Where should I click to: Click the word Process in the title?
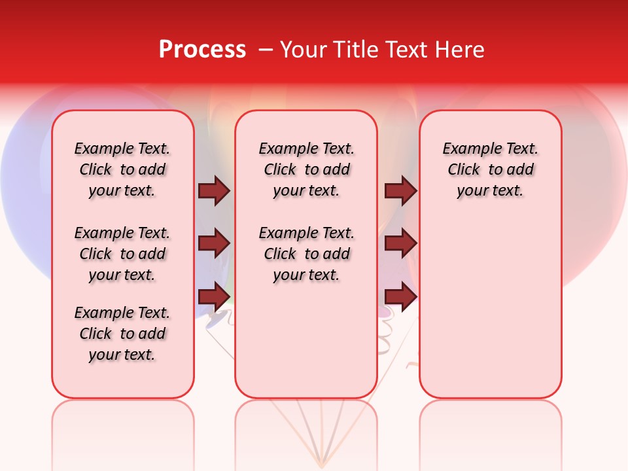coord(202,50)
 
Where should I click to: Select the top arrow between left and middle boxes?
coord(214,191)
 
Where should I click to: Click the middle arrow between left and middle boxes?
coord(214,243)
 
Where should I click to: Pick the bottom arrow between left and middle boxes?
coord(214,296)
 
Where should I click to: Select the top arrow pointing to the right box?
coord(400,191)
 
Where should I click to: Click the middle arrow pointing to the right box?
coord(400,243)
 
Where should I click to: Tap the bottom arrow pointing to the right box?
coord(400,296)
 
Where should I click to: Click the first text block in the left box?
coord(122,169)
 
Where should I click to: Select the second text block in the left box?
coord(122,254)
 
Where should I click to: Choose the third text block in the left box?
coord(122,334)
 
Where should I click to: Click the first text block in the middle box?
coord(306,169)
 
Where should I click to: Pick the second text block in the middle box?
coord(306,254)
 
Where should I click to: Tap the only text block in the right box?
coord(490,169)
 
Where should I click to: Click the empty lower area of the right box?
coord(490,307)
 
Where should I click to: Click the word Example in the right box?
coord(467,148)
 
